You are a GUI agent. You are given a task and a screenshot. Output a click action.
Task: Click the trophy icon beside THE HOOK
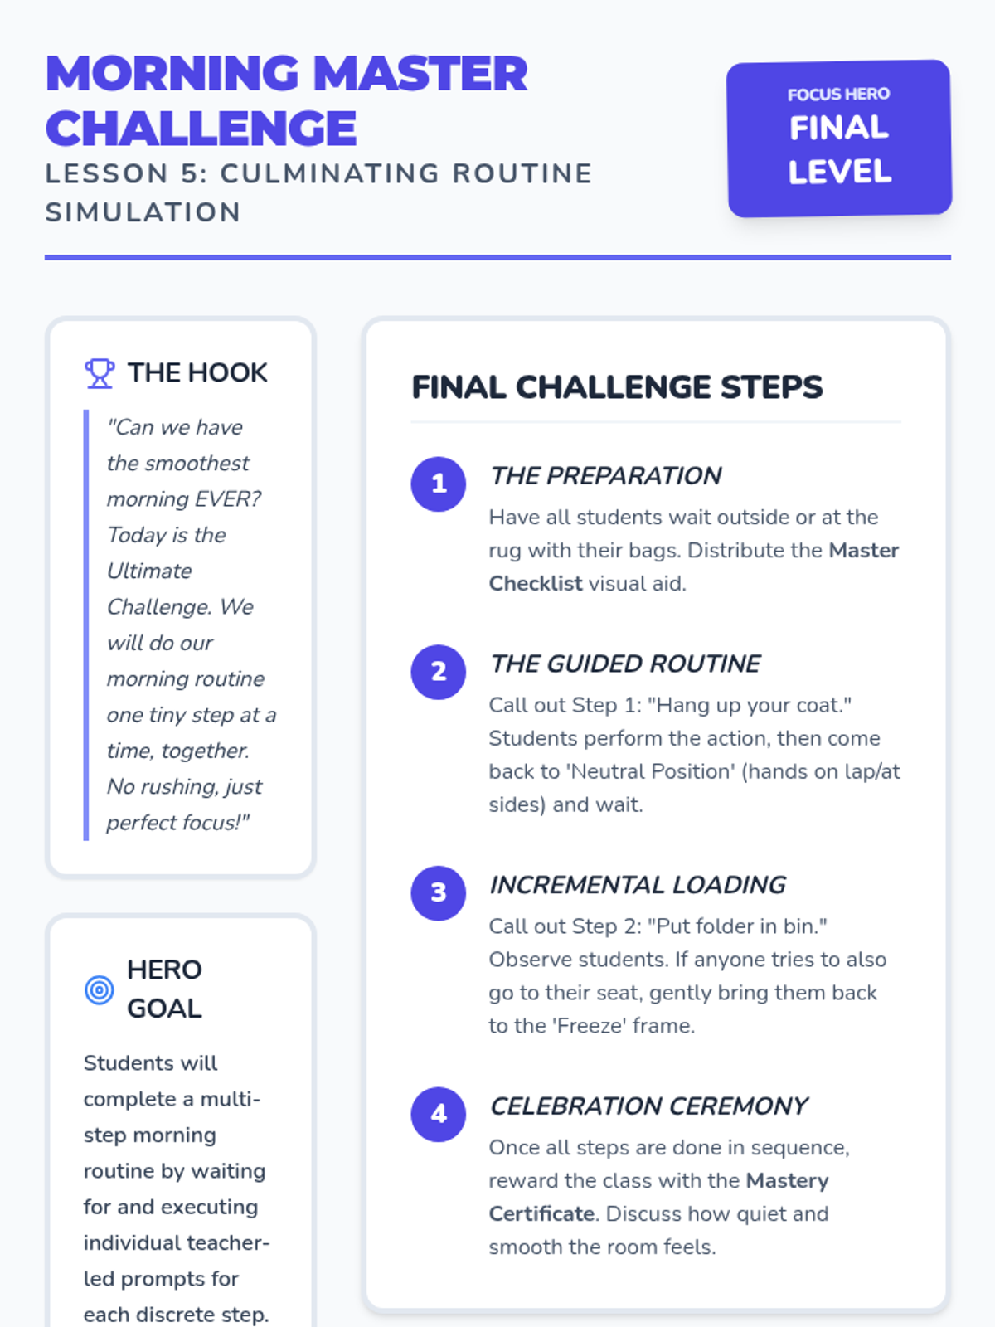point(99,373)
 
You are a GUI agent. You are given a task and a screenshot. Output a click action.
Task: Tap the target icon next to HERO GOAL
point(99,989)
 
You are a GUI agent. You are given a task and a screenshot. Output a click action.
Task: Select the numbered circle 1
point(439,484)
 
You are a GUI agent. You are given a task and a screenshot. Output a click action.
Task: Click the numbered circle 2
point(439,672)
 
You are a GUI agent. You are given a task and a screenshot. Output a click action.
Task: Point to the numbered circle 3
point(439,893)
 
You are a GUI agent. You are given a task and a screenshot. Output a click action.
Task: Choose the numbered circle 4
point(439,1114)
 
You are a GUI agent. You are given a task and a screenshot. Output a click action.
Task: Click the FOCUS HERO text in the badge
point(838,95)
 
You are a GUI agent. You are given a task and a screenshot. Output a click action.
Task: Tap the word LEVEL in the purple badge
point(840,172)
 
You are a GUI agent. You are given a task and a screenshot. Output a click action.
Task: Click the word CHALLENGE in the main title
point(201,129)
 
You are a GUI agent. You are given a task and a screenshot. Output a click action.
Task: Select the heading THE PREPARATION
point(605,476)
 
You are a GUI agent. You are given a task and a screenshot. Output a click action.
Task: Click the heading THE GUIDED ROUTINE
point(624,663)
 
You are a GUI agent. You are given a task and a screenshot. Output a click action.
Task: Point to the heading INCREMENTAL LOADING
point(638,885)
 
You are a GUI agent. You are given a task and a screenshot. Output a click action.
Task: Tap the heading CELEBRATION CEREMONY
point(648,1106)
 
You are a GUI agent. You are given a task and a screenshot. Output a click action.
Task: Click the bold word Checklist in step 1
point(536,583)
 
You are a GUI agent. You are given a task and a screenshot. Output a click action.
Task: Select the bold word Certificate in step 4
point(542,1213)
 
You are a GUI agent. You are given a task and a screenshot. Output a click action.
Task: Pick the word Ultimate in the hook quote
point(149,571)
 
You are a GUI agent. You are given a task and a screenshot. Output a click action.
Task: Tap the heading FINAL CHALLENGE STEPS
point(617,387)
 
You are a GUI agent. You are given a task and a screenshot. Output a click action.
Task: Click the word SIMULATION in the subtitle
point(143,213)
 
